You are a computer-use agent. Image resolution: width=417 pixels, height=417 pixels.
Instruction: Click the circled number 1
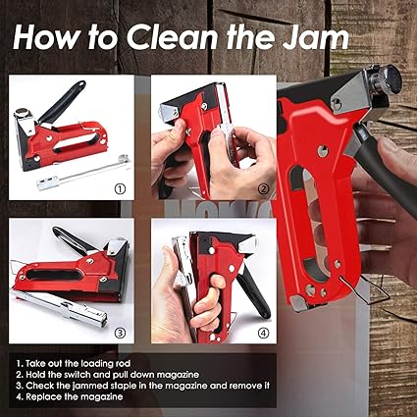click(120, 188)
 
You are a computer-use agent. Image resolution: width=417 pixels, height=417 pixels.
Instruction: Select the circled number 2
click(264, 188)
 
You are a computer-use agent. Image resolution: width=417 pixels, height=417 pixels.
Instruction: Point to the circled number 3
click(120, 333)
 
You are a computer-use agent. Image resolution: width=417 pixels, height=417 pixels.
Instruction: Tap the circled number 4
click(264, 333)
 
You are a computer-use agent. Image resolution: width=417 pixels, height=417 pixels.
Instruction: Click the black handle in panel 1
click(62, 101)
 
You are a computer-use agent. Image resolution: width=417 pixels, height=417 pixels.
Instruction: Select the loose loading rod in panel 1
click(83, 173)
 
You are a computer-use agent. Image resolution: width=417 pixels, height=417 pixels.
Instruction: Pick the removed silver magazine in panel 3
click(62, 307)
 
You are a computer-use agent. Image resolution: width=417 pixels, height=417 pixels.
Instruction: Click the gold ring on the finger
click(172, 137)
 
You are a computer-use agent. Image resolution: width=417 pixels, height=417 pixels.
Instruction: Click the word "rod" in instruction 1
click(123, 363)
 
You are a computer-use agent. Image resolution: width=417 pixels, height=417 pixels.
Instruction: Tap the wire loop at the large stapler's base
click(366, 290)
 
